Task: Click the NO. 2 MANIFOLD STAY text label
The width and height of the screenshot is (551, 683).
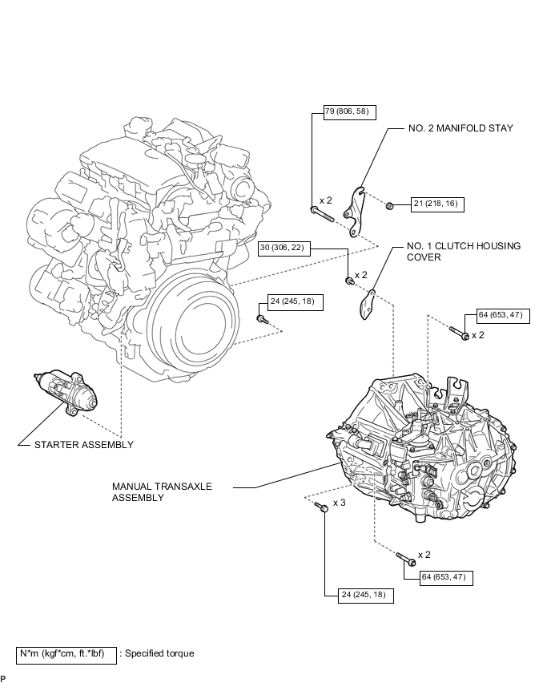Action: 461,127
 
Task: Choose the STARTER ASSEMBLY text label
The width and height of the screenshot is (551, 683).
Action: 84,444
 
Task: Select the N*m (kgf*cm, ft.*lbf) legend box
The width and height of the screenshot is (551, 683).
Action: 67,653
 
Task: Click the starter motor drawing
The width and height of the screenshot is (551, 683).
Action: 68,392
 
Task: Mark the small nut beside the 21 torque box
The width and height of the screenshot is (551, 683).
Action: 389,204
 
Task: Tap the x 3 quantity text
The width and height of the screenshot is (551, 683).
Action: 339,503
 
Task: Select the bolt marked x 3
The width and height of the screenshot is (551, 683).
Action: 323,507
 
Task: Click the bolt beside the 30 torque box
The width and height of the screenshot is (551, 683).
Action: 350,280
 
